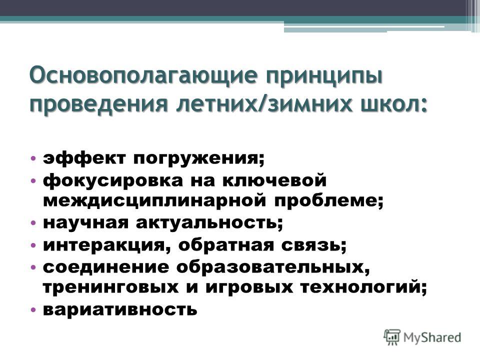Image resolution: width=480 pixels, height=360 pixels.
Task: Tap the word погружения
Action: [198, 159]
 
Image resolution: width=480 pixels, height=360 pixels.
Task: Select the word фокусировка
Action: [112, 180]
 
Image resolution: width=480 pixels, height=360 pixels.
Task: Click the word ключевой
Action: [274, 180]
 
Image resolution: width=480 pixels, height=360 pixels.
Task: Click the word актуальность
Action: [209, 223]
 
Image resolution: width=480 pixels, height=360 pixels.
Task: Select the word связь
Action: [314, 245]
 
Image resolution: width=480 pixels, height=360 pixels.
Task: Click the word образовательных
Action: [273, 267]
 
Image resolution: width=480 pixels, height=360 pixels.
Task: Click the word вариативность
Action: [120, 309]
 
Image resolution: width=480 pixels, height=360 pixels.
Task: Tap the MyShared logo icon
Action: [392, 337]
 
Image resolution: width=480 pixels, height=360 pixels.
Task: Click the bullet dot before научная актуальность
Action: [33, 222]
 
